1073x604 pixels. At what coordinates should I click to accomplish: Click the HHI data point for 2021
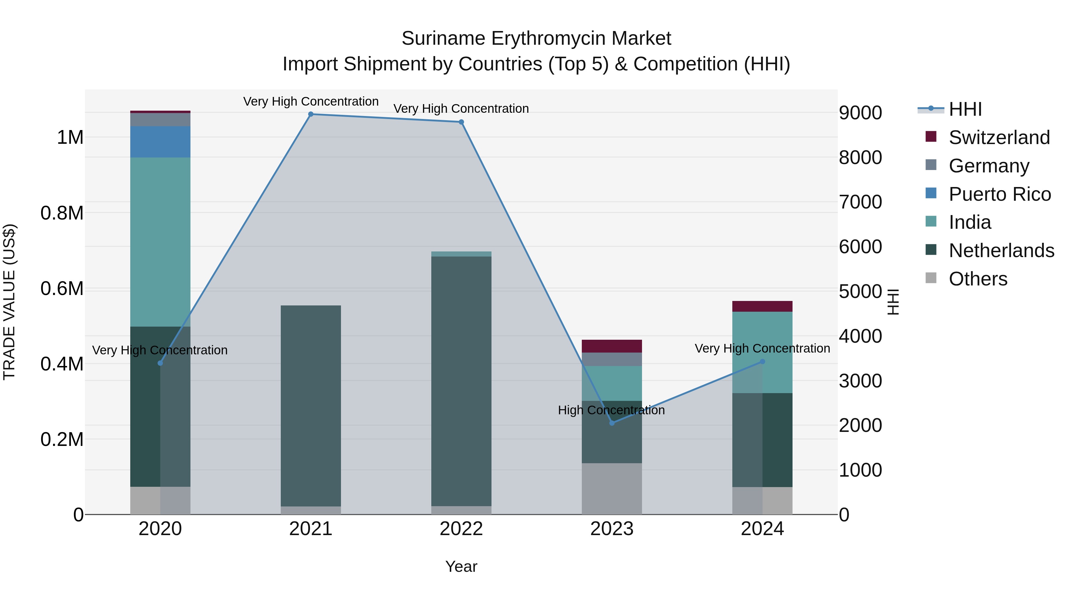coord(311,114)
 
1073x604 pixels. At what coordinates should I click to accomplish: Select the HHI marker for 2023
coord(612,423)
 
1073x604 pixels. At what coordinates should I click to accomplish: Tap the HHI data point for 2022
coord(461,122)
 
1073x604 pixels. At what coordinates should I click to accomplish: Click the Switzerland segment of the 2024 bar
coord(762,306)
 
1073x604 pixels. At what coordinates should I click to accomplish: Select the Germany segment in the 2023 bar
coord(612,359)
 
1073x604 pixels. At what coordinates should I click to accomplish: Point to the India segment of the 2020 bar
coord(160,242)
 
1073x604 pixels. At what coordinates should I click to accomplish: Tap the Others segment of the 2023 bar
coord(612,489)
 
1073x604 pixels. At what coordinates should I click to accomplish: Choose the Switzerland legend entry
coord(999,138)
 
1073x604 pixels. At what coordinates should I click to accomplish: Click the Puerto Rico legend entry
coord(1000,194)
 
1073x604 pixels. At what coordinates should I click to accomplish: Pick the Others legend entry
coord(978,279)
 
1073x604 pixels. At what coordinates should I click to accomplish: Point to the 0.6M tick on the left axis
coord(62,288)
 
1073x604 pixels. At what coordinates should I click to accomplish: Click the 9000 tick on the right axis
coord(860,113)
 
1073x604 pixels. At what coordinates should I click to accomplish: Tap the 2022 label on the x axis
coord(461,529)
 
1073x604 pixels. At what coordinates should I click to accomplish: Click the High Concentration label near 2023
coord(611,410)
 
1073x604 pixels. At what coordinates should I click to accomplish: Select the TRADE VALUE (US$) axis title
coord(9,302)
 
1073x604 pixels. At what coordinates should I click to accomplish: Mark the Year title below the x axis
coord(461,566)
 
